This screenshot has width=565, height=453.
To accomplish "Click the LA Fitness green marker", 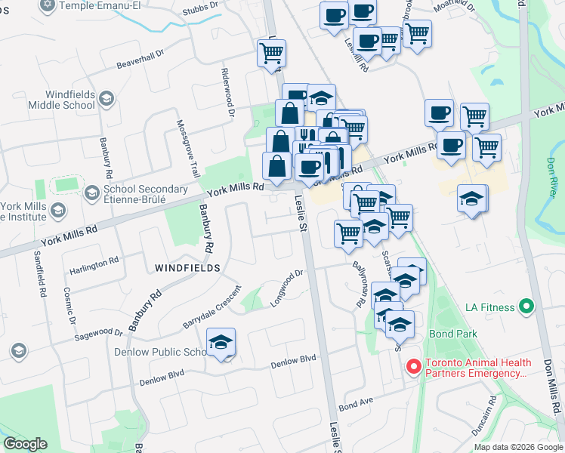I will tap(527, 307).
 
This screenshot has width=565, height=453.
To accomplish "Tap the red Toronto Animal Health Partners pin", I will tap(413, 368).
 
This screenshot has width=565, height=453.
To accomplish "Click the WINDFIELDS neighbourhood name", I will tap(187, 268).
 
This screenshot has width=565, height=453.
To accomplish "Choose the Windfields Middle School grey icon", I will tap(107, 99).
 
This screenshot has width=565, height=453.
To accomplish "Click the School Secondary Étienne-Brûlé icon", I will tap(91, 192).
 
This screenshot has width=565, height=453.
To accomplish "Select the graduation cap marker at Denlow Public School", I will tap(221, 342).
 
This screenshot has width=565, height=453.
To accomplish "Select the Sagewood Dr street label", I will tap(97, 331).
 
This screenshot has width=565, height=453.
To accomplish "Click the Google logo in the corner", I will tap(26, 444).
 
